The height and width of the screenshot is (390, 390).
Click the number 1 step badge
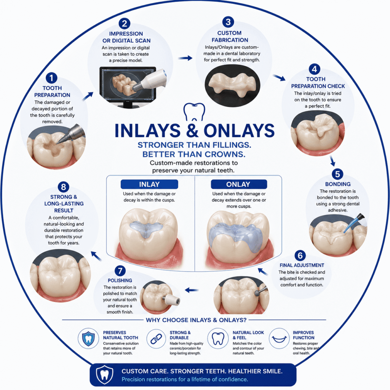pyautogui.click(x=51, y=78)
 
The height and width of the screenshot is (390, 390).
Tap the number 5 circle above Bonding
pyautogui.click(x=337, y=174)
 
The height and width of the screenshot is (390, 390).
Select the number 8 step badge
pyautogui.click(x=64, y=187)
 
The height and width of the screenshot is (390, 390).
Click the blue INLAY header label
pyautogui.click(x=149, y=184)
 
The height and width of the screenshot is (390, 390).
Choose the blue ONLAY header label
pyautogui.click(x=239, y=184)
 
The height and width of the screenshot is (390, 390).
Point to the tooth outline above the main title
pyautogui.click(x=194, y=112)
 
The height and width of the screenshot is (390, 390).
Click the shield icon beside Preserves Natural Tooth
pyautogui.click(x=88, y=338)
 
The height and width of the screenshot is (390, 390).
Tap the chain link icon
pyautogui.click(x=156, y=339)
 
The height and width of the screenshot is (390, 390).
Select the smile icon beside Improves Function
pyautogui.click(x=279, y=339)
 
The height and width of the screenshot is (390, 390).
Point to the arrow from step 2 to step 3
pyautogui.click(x=185, y=58)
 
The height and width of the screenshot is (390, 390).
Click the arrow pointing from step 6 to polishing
pyautogui.click(x=192, y=290)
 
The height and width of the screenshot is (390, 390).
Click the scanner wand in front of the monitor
pyautogui.click(x=149, y=80)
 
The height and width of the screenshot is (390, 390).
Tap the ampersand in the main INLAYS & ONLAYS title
pyautogui.click(x=192, y=130)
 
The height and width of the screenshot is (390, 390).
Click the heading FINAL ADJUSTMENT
pyautogui.click(x=302, y=265)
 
